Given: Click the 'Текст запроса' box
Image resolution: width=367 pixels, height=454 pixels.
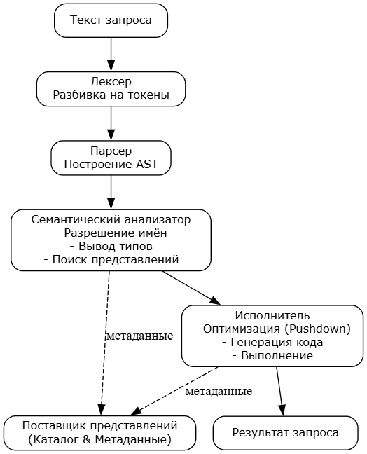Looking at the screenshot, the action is coord(111,20).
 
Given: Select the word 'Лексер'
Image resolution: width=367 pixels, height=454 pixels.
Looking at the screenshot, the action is coord(111,82).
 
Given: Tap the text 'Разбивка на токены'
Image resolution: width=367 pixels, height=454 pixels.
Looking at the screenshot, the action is coord(111,95).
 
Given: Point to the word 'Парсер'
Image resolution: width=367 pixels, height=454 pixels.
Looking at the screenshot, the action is coord(111,151).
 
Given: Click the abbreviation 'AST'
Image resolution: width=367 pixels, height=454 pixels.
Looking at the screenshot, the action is coord(147,164).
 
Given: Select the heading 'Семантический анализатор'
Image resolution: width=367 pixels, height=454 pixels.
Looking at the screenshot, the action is coord(111,220).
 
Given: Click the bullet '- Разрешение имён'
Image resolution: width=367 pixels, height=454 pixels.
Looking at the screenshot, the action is coord(111,233).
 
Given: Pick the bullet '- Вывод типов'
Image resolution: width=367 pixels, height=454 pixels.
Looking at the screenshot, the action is coord(111,247).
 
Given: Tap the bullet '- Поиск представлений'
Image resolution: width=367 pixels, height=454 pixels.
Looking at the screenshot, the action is coord(111,260).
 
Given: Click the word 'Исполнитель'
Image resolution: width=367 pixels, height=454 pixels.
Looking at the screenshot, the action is coord(272,315).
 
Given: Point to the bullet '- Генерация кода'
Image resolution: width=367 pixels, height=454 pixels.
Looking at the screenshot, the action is coord(272,342).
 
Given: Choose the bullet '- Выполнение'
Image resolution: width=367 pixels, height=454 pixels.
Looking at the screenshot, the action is coord(272,355).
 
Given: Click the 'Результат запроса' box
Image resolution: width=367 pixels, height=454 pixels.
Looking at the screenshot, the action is coord(285,433).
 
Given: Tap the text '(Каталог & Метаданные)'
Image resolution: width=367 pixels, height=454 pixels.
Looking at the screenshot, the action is coord(100,440).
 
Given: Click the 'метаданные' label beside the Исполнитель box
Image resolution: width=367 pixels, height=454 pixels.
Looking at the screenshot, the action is coord(140,336).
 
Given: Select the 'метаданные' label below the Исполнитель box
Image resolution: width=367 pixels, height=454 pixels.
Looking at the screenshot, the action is coord(219,392).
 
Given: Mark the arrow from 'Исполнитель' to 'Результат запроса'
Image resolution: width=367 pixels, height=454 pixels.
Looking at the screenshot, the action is coord(279,391).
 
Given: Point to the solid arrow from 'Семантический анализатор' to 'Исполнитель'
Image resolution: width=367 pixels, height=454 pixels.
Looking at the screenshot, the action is coord(191,288).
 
